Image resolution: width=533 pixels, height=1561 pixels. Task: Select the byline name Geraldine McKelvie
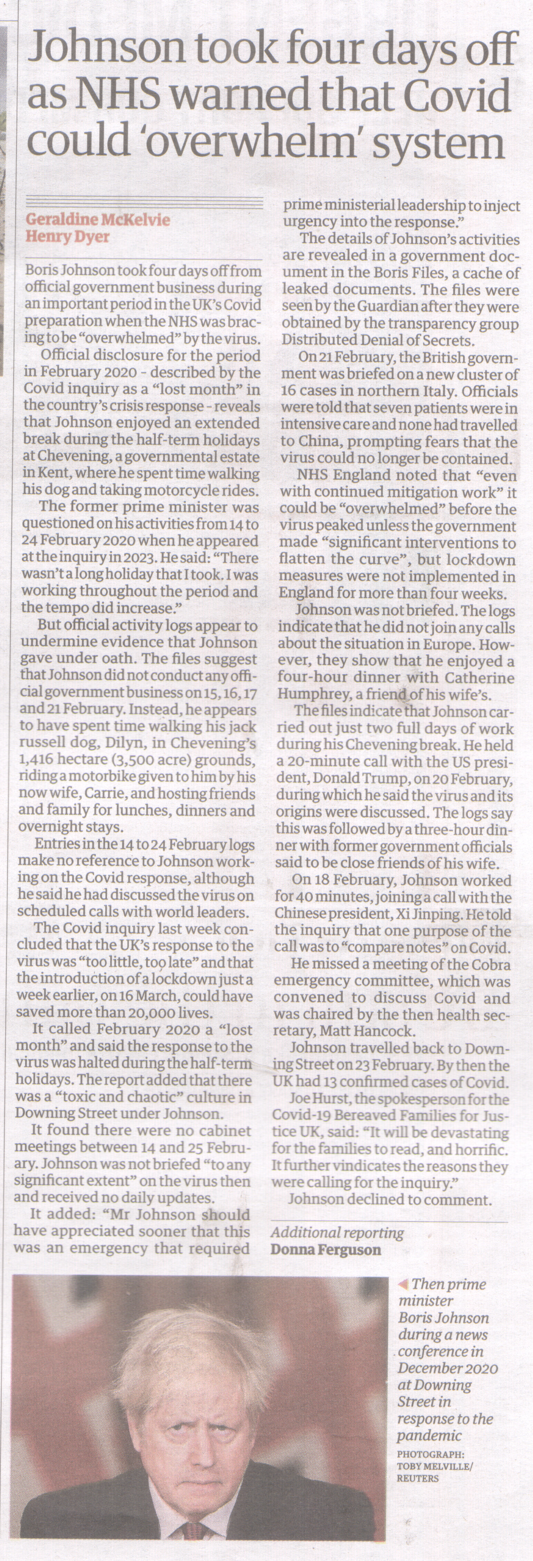[x=97, y=219]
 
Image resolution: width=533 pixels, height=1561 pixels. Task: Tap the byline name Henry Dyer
[x=67, y=236]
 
